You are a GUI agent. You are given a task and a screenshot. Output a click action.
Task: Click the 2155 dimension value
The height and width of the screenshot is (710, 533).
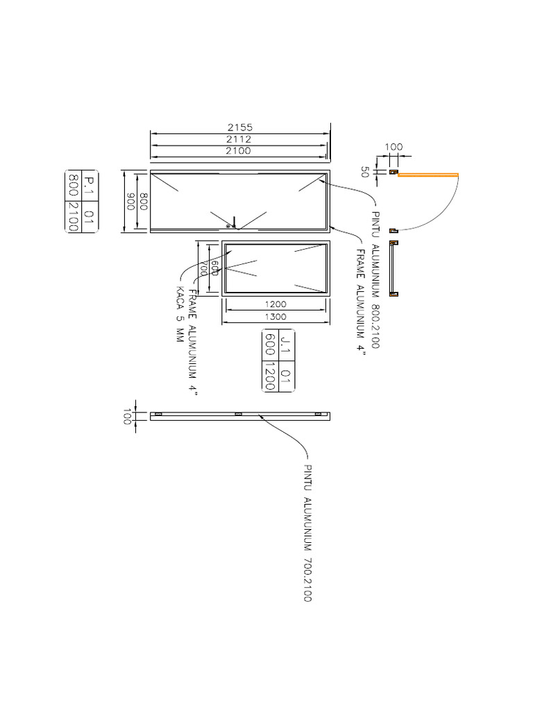tap(239, 128)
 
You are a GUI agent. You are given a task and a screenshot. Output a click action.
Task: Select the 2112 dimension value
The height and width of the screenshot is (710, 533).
tap(239, 139)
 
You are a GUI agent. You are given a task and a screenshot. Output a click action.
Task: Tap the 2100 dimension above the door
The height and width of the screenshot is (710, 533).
tap(239, 151)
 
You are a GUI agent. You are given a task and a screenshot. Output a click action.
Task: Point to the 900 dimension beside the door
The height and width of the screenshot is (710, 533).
tap(129, 202)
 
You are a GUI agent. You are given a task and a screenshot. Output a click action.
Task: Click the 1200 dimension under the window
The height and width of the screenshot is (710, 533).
tap(276, 304)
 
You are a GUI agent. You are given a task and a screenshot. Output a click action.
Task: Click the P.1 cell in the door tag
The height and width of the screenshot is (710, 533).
tap(89, 185)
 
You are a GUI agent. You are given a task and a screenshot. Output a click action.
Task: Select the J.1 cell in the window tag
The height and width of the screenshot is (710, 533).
tap(285, 345)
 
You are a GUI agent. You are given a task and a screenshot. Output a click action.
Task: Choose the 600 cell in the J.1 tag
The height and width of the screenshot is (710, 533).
tap(270, 345)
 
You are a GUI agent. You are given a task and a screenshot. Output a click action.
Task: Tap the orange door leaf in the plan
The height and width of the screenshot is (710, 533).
tap(428, 175)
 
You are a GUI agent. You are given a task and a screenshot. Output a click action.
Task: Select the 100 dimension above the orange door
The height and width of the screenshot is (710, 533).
tap(394, 147)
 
